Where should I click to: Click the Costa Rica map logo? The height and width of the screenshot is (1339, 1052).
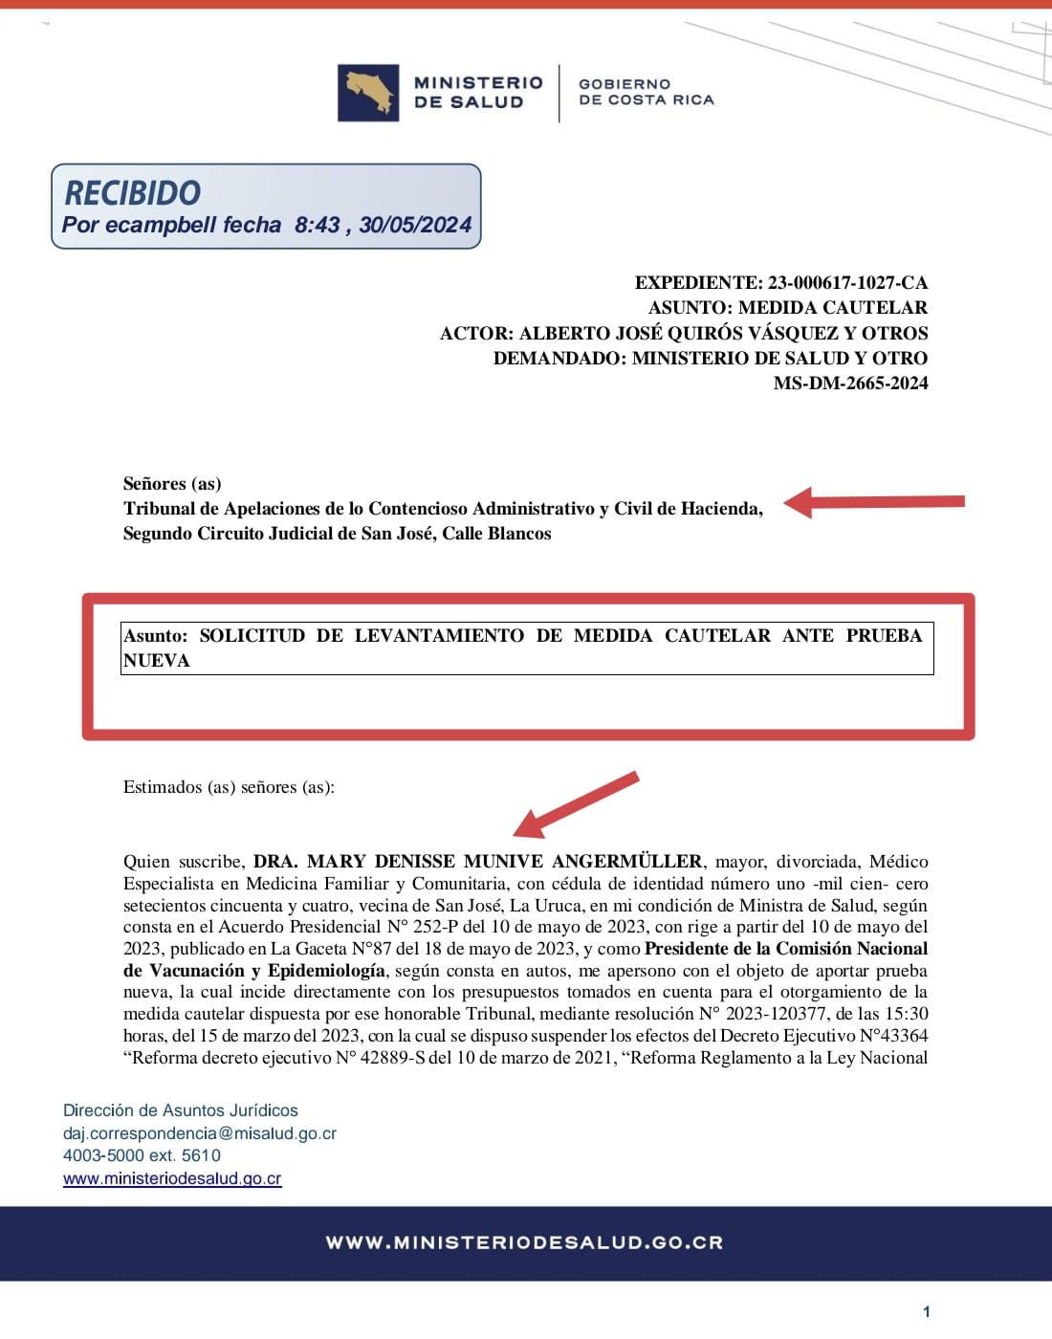pyautogui.click(x=368, y=93)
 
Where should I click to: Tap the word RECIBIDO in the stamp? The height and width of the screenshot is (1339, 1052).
pyautogui.click(x=132, y=193)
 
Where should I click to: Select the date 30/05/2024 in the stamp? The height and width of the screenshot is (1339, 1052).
pyautogui.click(x=415, y=225)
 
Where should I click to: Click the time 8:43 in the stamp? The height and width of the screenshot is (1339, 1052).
pyautogui.click(x=317, y=225)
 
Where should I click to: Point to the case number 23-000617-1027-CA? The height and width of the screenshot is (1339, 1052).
pyautogui.click(x=847, y=283)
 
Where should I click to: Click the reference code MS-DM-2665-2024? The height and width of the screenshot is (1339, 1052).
pyautogui.click(x=850, y=384)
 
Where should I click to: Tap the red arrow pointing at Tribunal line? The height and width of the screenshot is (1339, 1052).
pyautogui.click(x=874, y=501)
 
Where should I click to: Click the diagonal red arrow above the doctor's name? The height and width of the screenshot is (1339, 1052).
pyautogui.click(x=575, y=804)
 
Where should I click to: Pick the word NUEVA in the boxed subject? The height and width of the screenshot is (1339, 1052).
pyautogui.click(x=157, y=661)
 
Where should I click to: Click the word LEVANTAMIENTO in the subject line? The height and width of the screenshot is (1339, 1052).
pyautogui.click(x=439, y=636)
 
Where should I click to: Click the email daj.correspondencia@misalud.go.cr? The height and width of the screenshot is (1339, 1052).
pyautogui.click(x=200, y=1133)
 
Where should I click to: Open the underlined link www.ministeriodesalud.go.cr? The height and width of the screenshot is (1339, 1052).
pyautogui.click(x=172, y=1178)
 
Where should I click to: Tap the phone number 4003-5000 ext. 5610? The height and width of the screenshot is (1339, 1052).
pyautogui.click(x=142, y=1155)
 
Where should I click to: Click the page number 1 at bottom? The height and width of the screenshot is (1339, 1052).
pyautogui.click(x=926, y=1311)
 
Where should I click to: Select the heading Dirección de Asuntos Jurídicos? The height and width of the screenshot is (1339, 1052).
pyautogui.click(x=181, y=1110)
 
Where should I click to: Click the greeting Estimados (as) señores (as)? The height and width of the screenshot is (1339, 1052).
pyautogui.click(x=229, y=787)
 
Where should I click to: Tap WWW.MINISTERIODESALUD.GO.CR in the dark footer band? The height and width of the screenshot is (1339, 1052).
pyautogui.click(x=524, y=1242)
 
